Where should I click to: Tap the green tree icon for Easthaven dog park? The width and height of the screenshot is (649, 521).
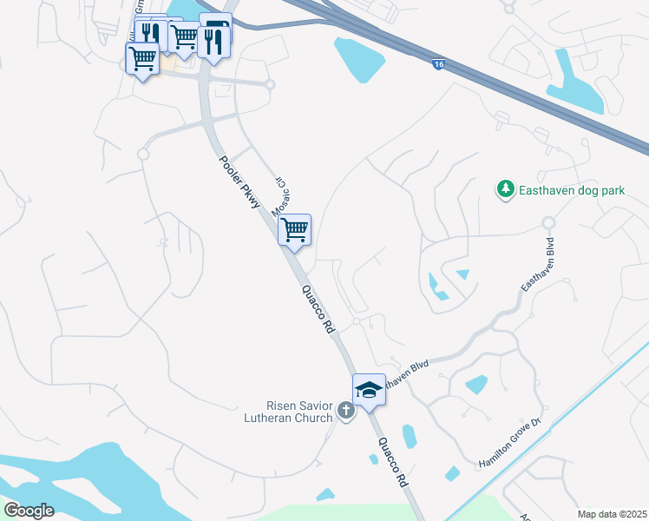pos(504,188)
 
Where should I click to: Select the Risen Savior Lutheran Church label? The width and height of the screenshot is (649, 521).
pos(299,412)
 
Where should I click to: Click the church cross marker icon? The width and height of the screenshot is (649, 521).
pos(346,410)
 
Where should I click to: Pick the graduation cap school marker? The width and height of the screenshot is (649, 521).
pos(369,390)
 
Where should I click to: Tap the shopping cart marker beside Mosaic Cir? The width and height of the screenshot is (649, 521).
pos(295,230)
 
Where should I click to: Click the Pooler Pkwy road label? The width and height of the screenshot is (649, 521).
pos(239,182)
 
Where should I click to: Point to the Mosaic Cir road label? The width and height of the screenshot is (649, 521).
pos(281,196)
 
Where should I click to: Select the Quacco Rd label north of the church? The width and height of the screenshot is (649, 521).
pos(318,310)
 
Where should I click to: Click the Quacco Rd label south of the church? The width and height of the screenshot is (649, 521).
pos(393,461)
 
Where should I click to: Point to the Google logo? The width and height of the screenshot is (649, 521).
pos(29,510)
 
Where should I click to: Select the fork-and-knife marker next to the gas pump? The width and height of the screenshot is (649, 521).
pos(213,41)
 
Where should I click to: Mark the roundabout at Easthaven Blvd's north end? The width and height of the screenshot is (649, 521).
pos(548,223)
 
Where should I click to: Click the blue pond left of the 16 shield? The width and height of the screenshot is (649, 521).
pos(358,56)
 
